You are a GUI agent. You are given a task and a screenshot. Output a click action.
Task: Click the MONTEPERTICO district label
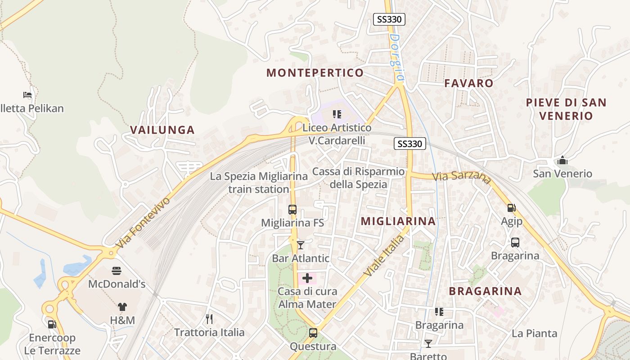coord(315,73)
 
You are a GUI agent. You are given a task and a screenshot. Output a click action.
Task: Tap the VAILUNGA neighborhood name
coord(162,130)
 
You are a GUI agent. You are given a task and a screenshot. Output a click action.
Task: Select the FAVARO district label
coord(469,83)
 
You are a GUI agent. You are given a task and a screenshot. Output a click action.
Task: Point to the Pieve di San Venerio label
coord(566,109)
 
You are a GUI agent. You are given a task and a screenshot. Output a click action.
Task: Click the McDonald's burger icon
coord(117,271)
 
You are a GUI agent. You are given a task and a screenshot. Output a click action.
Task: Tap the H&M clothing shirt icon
coord(122,307)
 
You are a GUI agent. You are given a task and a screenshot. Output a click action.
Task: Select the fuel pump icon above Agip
coord(511,208)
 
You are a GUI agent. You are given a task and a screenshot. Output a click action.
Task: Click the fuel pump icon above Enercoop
coord(52,324)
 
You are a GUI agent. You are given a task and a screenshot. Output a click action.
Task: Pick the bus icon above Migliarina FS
coord(292,210)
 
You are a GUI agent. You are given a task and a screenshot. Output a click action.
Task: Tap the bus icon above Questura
coord(313,333)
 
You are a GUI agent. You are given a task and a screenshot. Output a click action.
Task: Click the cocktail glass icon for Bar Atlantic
coord(301,245)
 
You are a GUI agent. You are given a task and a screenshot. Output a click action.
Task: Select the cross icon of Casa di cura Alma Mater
coord(307,278)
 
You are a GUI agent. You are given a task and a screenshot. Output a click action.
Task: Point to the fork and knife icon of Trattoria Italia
coord(209,319)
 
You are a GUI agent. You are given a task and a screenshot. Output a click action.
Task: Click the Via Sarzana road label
coord(462,177)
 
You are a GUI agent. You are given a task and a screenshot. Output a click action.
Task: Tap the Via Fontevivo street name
coord(143,222)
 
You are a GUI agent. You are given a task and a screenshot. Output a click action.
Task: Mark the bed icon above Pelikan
coord(28,95)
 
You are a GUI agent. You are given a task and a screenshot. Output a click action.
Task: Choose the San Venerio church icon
coord(562,161)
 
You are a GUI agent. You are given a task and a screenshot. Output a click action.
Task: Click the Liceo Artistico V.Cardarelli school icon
coord(337,114)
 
